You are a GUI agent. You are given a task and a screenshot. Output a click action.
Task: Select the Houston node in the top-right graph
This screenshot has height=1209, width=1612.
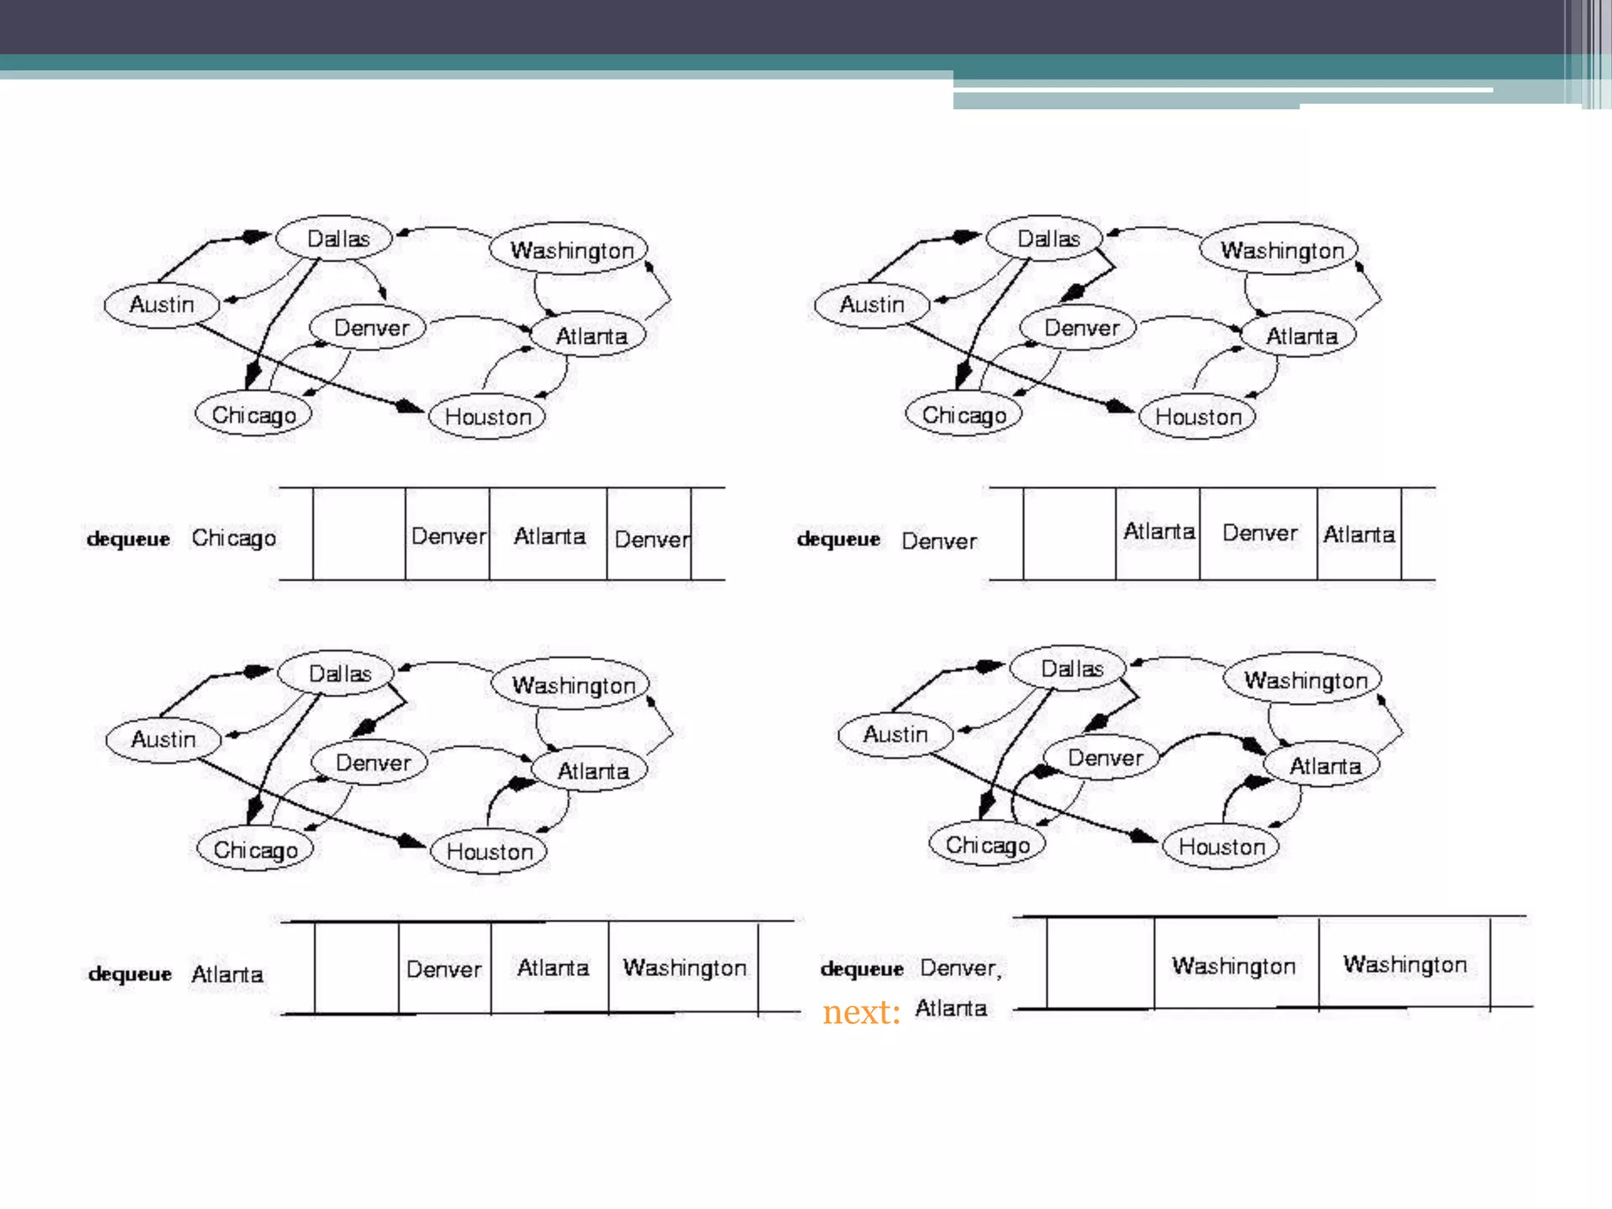1197,416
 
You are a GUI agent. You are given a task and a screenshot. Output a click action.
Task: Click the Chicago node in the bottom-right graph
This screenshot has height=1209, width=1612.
987,845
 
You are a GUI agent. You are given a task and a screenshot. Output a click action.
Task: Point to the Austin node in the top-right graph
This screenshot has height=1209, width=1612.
871,305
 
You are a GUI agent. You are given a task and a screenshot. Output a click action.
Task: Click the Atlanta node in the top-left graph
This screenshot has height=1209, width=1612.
590,335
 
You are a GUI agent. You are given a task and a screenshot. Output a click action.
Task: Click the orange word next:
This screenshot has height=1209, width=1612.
861,1012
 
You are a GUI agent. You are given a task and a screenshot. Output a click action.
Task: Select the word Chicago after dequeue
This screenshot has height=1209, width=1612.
234,538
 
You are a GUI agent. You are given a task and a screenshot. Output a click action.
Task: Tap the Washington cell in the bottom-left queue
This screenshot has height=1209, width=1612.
683,967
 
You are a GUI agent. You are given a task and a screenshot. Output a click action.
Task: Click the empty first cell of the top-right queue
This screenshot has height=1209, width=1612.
1069,534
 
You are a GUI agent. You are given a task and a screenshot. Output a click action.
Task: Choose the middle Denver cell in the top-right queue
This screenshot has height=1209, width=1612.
1258,534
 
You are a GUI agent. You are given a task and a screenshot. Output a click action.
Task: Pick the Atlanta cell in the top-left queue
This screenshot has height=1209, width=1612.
549,536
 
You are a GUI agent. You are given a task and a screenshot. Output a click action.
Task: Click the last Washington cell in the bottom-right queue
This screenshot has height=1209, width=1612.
1404,964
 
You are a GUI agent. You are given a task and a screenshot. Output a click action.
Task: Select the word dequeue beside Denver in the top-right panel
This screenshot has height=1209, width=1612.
838,539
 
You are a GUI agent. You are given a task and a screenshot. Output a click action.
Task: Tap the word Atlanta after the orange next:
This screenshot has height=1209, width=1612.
950,1008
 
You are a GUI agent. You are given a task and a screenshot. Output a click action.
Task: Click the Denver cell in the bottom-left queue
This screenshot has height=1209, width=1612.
444,969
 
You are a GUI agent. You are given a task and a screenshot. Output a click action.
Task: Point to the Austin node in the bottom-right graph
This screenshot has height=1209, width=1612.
895,734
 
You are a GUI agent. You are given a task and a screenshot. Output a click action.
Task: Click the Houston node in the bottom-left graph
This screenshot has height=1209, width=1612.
489,851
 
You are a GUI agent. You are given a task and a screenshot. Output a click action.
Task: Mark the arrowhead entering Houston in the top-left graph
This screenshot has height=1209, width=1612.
409,406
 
